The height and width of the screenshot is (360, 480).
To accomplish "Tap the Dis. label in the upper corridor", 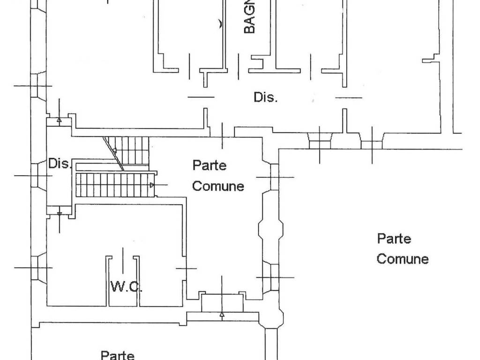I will [266, 97].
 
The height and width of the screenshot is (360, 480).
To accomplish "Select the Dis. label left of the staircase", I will [60, 164].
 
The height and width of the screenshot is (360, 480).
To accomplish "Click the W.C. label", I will [126, 286].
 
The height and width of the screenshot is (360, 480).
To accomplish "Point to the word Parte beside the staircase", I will [210, 165].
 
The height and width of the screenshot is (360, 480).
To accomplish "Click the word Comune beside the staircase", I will [218, 186].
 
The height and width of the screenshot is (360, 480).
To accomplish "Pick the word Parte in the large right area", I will [394, 239].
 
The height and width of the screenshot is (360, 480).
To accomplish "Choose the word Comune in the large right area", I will [403, 259].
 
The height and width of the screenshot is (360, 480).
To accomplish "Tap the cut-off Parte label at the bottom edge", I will [118, 354].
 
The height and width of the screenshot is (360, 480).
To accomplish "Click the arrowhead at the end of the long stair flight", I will [151, 186].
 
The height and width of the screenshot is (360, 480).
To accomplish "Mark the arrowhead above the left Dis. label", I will [59, 120].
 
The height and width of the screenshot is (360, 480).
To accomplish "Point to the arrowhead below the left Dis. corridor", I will [59, 214].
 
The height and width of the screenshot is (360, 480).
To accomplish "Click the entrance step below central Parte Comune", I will [222, 303].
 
